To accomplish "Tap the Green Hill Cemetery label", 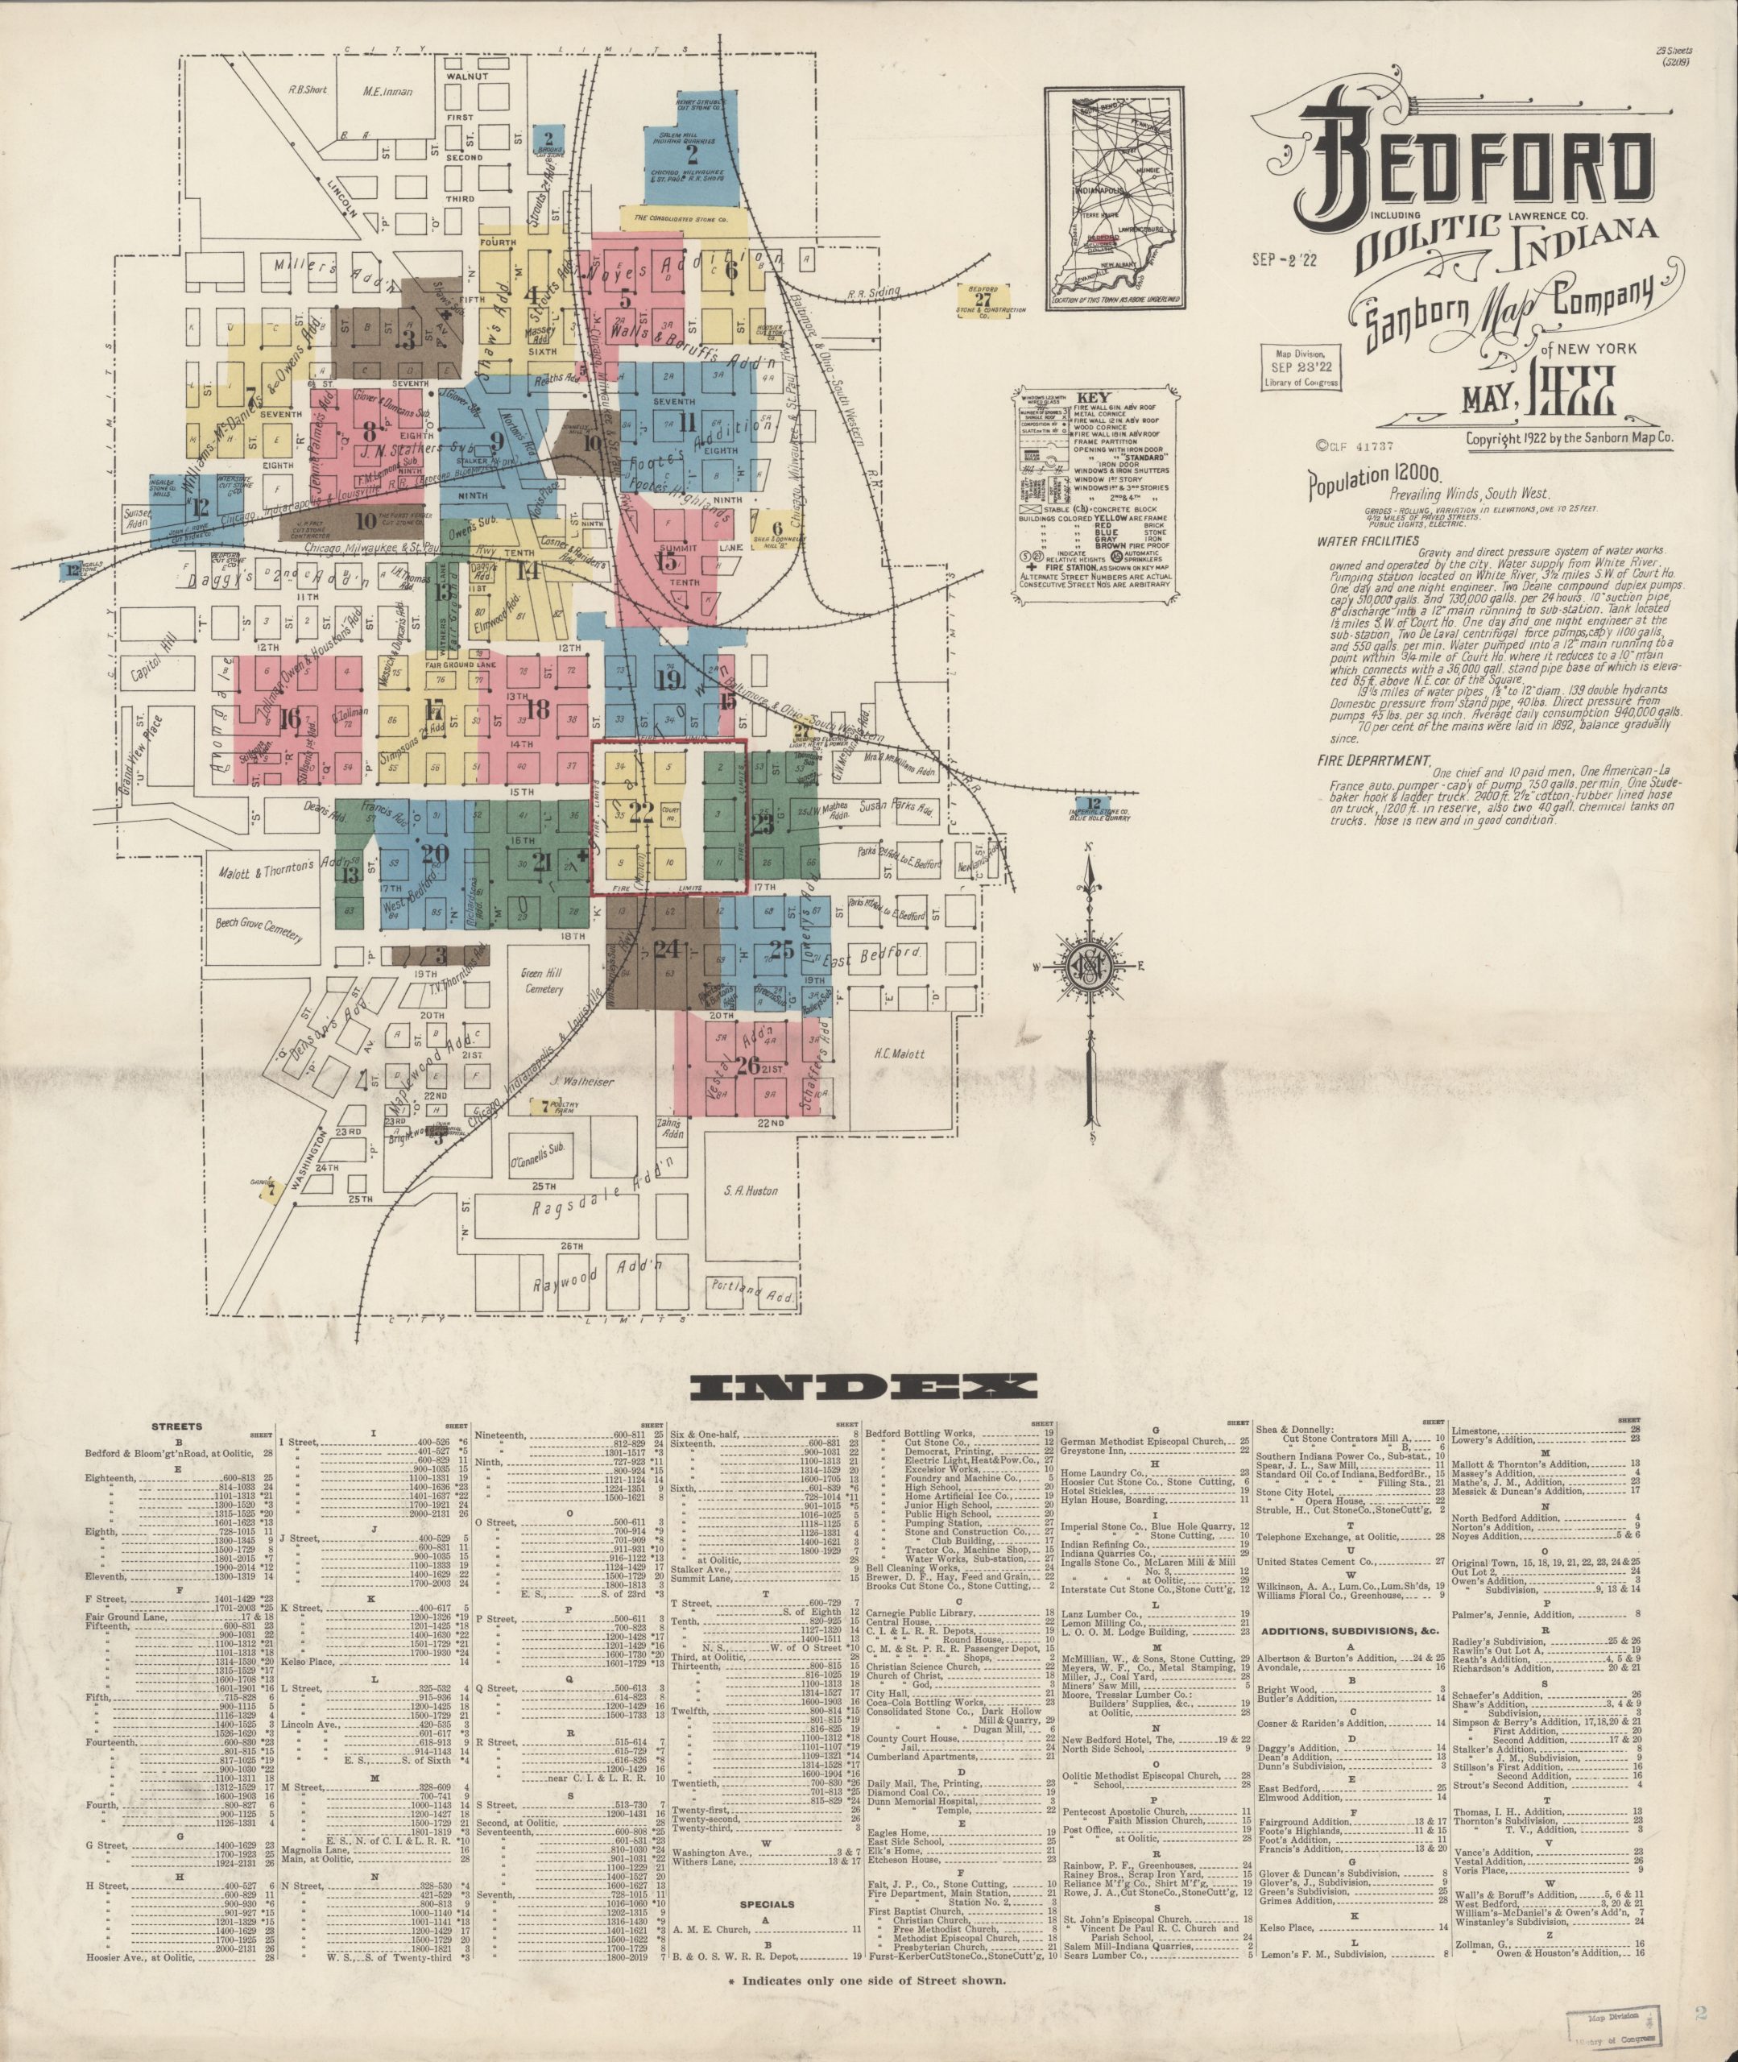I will click(543, 981).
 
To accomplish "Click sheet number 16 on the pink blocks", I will click(290, 716).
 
